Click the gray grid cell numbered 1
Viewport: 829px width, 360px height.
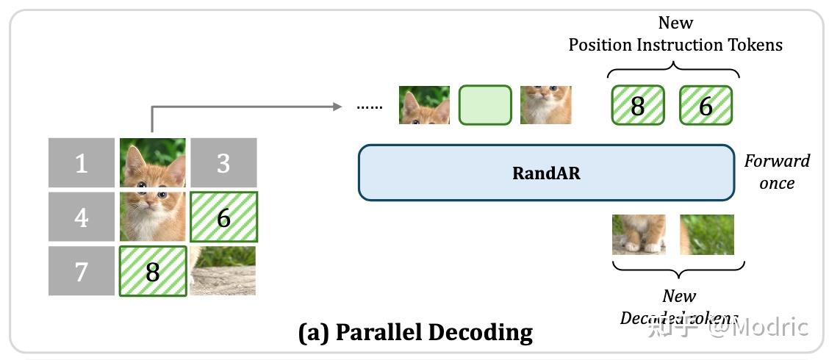pyautogui.click(x=82, y=162)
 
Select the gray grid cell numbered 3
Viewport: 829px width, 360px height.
pyautogui.click(x=223, y=162)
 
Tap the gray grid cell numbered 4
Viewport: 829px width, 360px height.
pyautogui.click(x=82, y=217)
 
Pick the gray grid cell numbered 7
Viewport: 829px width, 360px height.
pyautogui.click(x=82, y=271)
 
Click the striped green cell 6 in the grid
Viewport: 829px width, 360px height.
pyautogui.click(x=223, y=217)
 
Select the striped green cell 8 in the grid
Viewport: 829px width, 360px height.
pyautogui.click(x=152, y=271)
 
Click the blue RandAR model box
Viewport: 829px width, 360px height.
pyautogui.click(x=546, y=173)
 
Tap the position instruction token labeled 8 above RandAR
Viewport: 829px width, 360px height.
pyautogui.click(x=637, y=105)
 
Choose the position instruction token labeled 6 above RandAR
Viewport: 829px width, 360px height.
pyautogui.click(x=706, y=105)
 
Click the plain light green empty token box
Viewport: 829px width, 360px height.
pyautogui.click(x=485, y=105)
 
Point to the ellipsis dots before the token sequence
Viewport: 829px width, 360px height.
pyautogui.click(x=370, y=107)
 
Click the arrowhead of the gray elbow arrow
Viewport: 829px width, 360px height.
pyautogui.click(x=338, y=107)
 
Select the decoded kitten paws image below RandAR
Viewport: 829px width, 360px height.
pyautogui.click(x=639, y=234)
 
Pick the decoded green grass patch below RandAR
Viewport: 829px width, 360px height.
pyautogui.click(x=706, y=234)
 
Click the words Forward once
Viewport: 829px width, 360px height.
pyautogui.click(x=777, y=171)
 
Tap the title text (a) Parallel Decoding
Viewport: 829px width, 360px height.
pyautogui.click(x=415, y=332)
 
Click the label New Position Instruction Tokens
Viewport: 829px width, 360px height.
pyautogui.click(x=675, y=34)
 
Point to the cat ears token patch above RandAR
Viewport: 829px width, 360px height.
pyautogui.click(x=424, y=105)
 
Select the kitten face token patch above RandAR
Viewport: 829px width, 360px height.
pyautogui.click(x=545, y=105)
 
